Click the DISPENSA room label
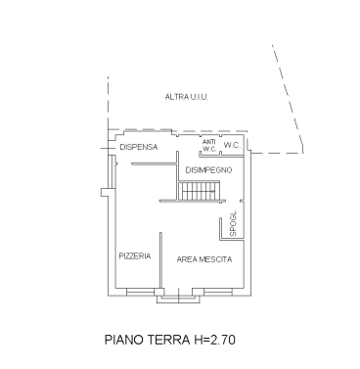[x=139, y=147]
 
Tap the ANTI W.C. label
[x=209, y=146]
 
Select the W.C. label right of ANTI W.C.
[x=232, y=146]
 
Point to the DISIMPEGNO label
[x=208, y=170]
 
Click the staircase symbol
[x=197, y=191]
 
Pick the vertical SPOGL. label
[x=233, y=223]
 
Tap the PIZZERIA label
[x=135, y=256]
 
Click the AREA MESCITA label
[x=204, y=259]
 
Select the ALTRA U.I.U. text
[x=187, y=97]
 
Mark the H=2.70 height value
[x=214, y=340]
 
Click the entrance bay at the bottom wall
[x=178, y=296]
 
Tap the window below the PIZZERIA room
[x=141, y=292]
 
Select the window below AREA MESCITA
[x=218, y=292]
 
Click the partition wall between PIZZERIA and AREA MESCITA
[x=160, y=260]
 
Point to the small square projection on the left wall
[x=105, y=192]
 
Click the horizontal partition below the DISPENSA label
[x=154, y=164]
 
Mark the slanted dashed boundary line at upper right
[x=288, y=98]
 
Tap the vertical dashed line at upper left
[x=108, y=103]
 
